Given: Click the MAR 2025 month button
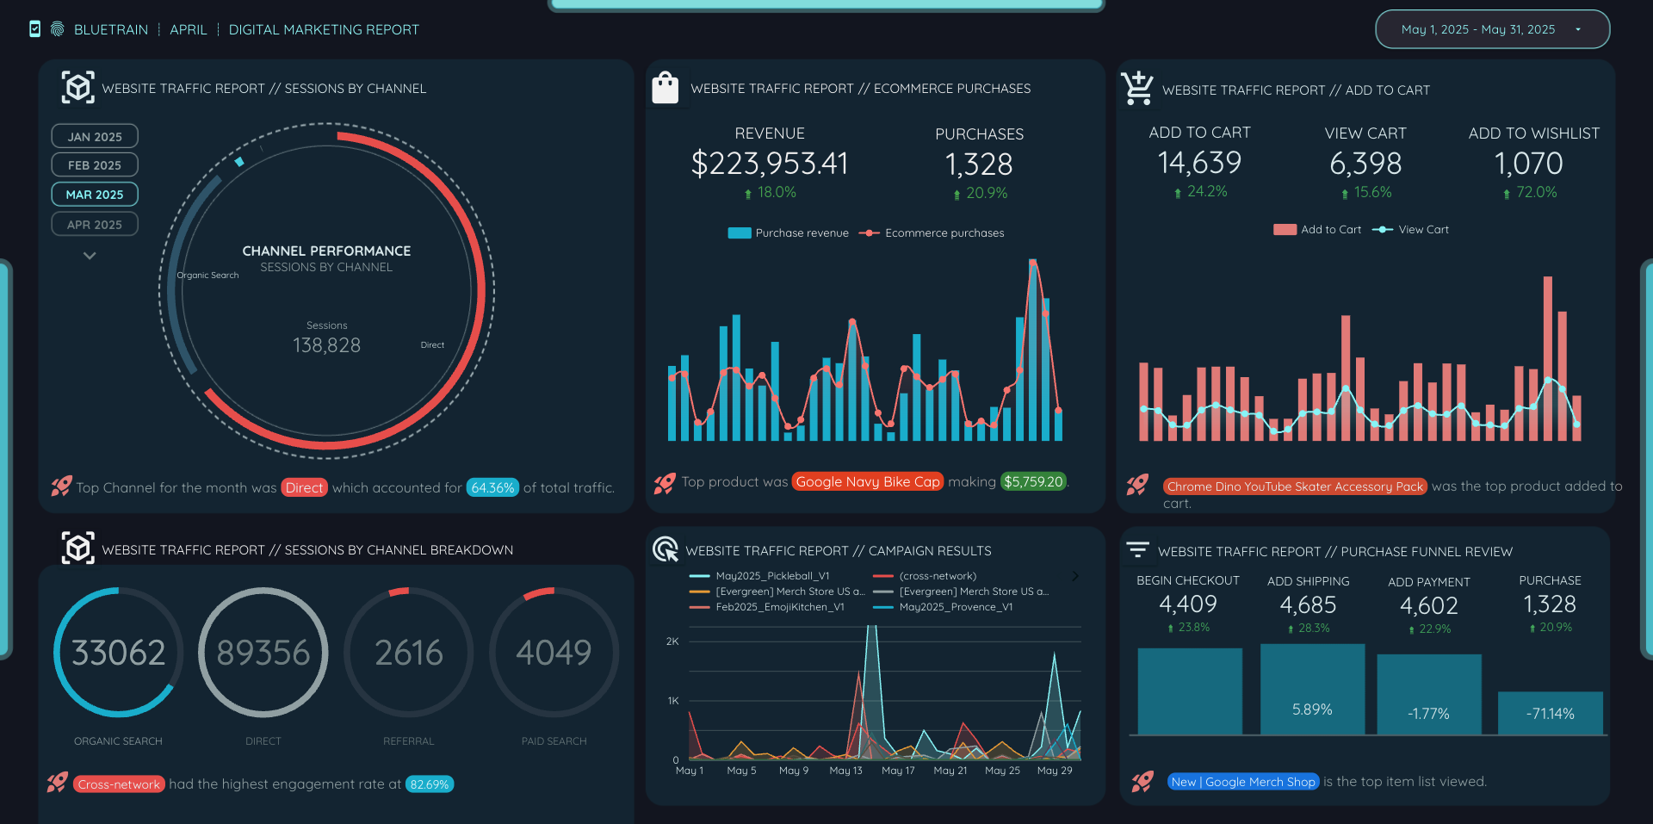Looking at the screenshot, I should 95,195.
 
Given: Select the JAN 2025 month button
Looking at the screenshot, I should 95,137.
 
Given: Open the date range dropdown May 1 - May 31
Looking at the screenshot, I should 1492,29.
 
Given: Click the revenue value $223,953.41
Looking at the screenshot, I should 769,164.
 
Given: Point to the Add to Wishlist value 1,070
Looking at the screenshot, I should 1533,164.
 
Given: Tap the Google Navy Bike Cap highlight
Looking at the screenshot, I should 867,482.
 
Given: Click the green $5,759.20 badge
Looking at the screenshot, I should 1032,482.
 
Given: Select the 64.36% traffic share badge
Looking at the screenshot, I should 492,488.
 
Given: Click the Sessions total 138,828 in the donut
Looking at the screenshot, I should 326,345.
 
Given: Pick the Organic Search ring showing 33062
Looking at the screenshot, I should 118,653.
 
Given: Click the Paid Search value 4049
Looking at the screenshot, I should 554,653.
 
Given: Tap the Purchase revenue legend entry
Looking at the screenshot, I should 789,233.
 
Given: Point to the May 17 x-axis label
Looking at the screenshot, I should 898,771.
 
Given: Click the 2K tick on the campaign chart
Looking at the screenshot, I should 672,641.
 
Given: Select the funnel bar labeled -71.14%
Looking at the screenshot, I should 1550,713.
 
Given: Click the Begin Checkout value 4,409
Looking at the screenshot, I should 1187,604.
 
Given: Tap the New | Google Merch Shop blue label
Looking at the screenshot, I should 1243,782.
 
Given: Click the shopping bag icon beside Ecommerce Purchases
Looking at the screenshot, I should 665,89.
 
